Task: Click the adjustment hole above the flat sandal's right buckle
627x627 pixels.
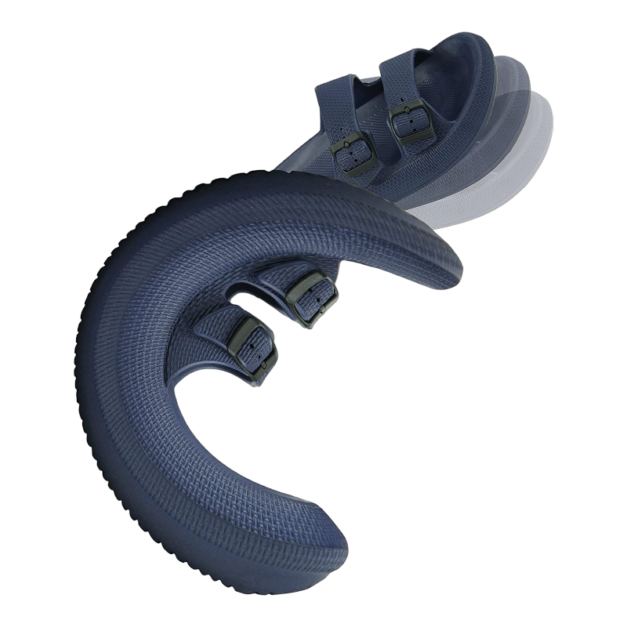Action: (x=400, y=100)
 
